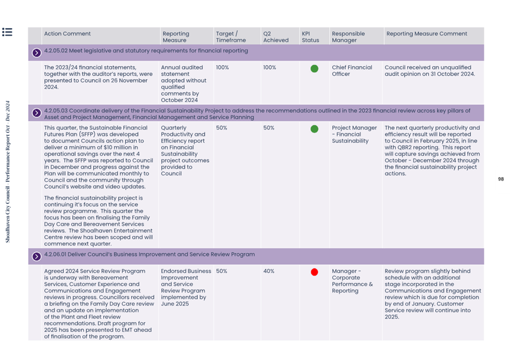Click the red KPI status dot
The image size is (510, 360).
pos(314,272)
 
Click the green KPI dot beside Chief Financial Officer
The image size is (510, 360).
pos(314,69)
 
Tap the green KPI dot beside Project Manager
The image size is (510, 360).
pos(314,129)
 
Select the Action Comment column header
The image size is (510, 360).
pos(68,34)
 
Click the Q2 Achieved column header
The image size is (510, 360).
pos(275,37)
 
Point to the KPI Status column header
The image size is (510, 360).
pos(310,37)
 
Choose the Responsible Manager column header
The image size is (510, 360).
pos(348,37)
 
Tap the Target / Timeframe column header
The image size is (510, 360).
pos(231,37)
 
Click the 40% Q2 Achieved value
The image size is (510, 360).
pos(269,271)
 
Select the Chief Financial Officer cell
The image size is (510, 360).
pos(352,71)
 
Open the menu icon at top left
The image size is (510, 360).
pos(7,32)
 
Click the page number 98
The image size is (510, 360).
pos(500,179)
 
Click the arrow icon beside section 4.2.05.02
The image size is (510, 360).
pos(37,52)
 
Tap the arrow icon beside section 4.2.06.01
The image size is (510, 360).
pos(37,256)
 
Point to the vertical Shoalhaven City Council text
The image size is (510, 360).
pos(8,172)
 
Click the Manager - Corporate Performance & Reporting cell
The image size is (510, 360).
pos(352,281)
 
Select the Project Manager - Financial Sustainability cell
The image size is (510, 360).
pos(354,134)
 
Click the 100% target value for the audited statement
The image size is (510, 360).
pos(222,68)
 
